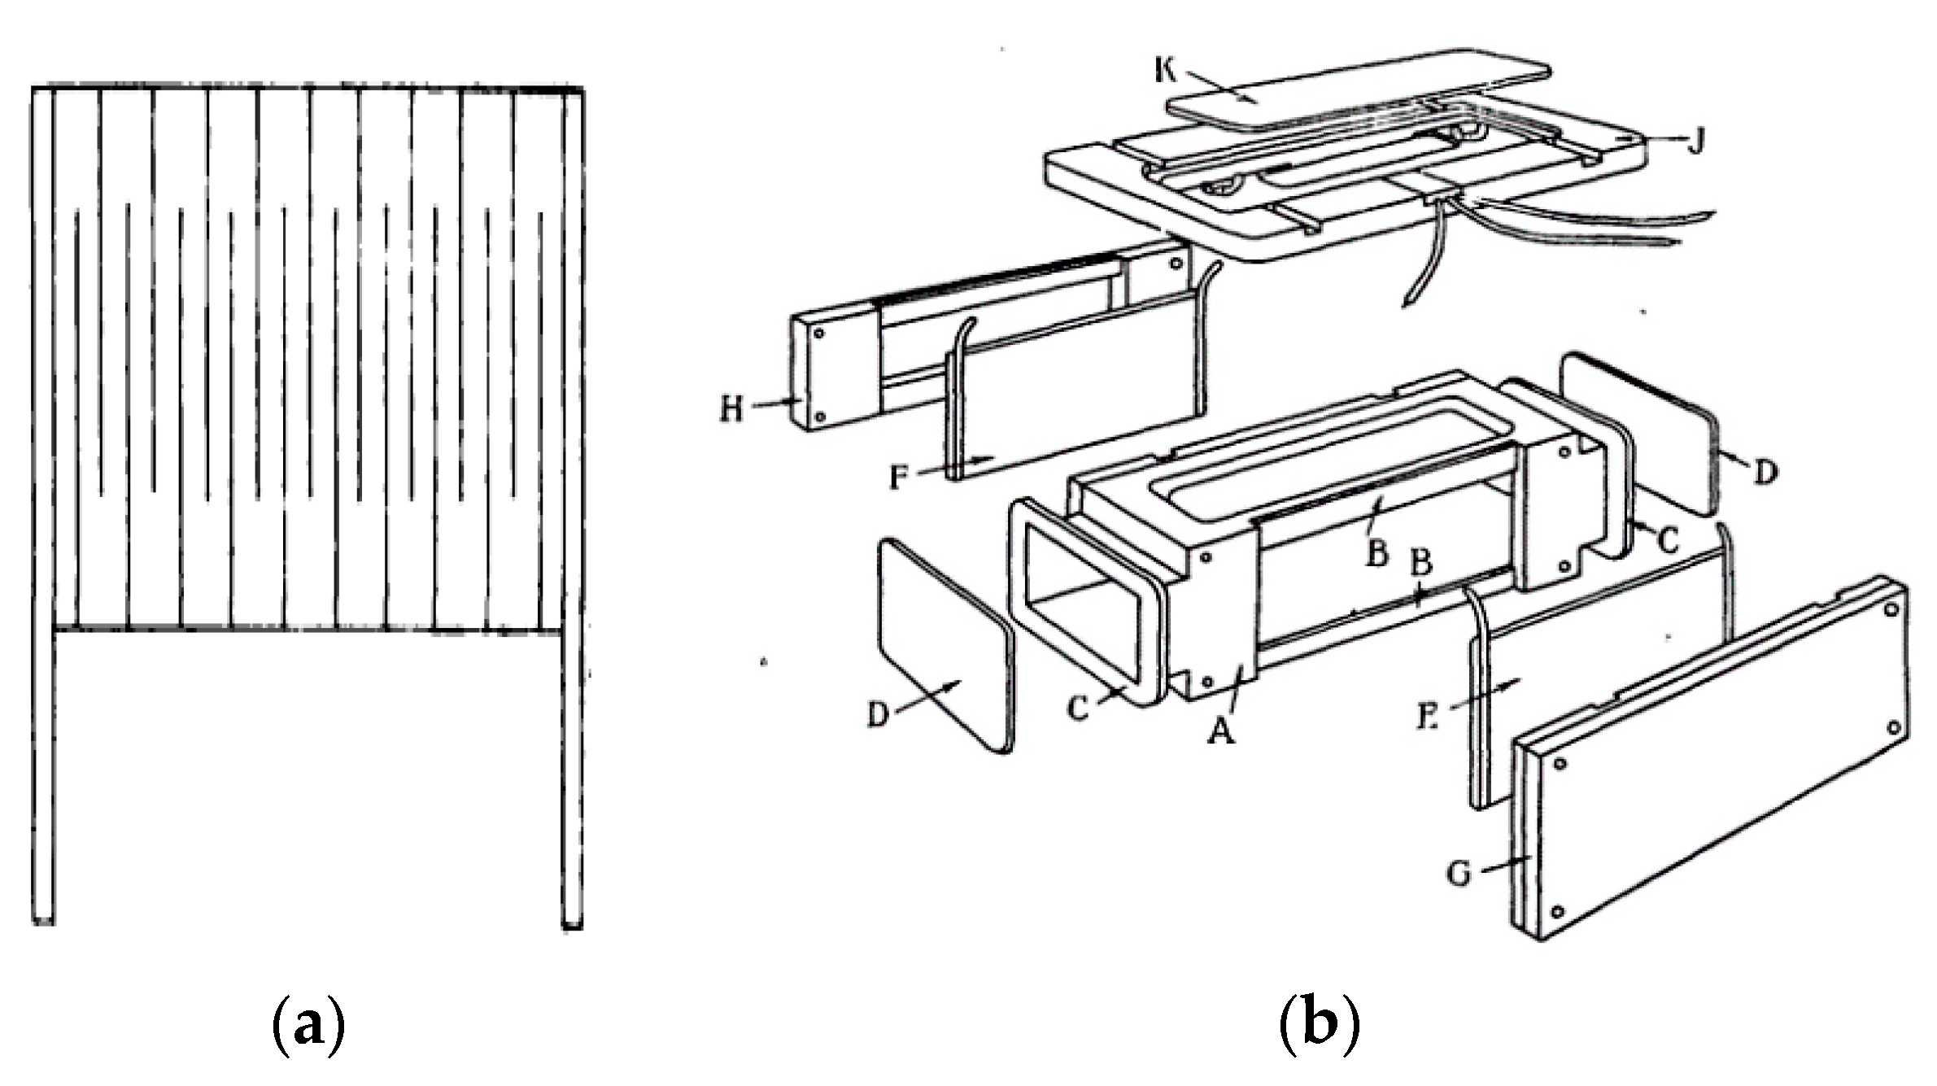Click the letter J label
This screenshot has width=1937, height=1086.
pos(1695,142)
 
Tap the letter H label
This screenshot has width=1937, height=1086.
pos(731,407)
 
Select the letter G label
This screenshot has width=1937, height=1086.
pos(1459,874)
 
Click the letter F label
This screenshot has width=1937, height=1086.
pos(897,476)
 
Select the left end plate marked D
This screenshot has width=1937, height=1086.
pos(944,643)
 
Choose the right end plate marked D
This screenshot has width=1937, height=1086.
pos(1635,431)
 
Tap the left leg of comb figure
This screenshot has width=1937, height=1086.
pos(43,773)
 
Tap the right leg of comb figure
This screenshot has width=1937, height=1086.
pos(572,773)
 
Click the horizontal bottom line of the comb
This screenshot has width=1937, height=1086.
pos(309,630)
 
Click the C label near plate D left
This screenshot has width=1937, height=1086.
pos(1078,709)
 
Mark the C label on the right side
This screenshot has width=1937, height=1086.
pos(1669,539)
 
